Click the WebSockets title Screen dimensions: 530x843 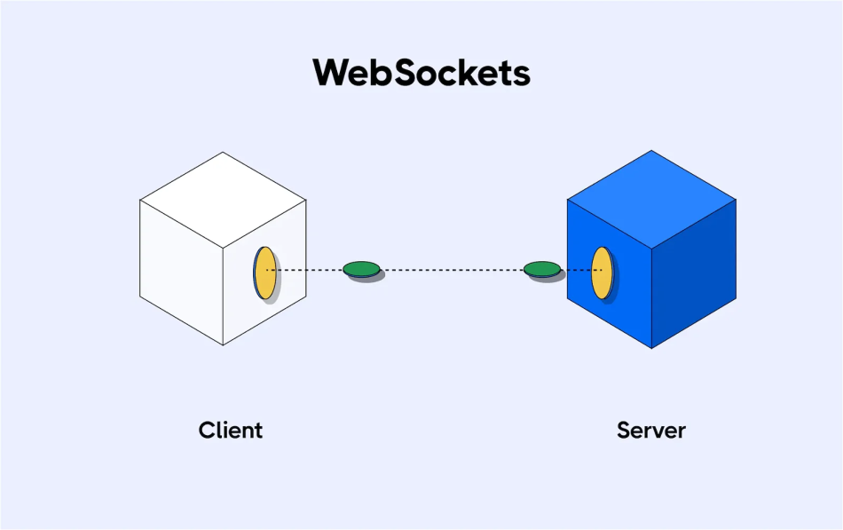421,73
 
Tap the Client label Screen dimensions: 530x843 231,431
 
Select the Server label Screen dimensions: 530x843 650,431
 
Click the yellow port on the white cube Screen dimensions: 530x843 264,273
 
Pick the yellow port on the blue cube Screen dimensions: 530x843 602,273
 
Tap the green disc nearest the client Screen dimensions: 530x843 361,268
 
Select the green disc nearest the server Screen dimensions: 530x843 541,268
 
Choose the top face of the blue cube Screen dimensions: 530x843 652,197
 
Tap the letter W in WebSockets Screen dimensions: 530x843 333,73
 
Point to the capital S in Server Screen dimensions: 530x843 624,431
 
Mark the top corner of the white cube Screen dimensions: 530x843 223,153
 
